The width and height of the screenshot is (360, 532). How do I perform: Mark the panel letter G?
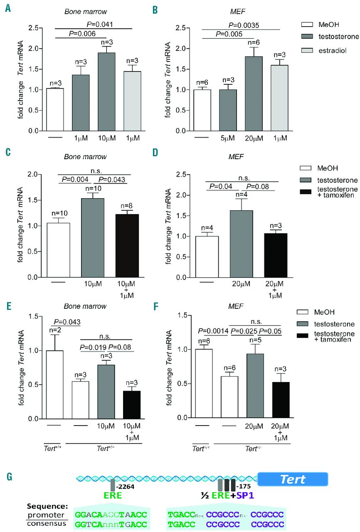[9, 476]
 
